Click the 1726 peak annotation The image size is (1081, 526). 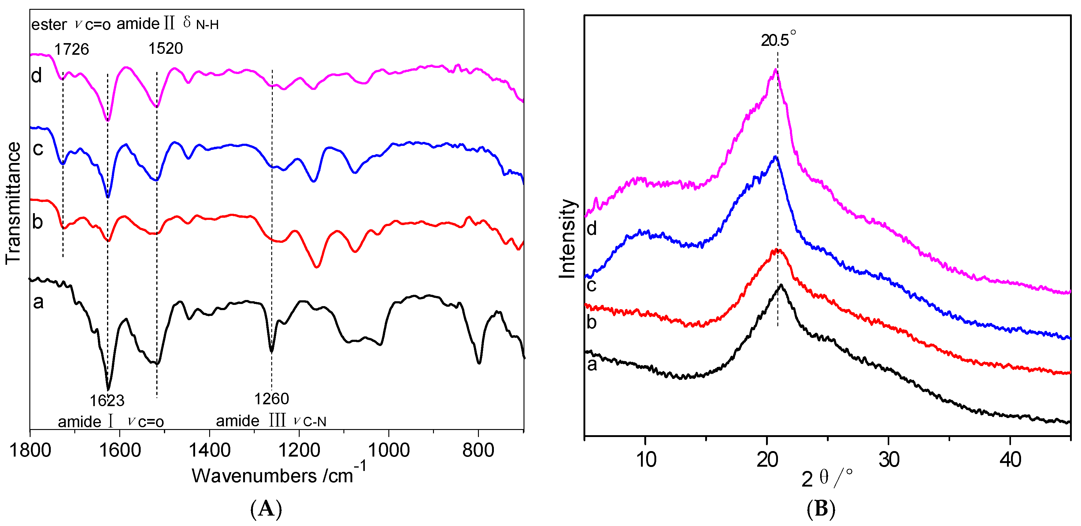pyautogui.click(x=71, y=50)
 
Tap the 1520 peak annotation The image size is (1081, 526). pyautogui.click(x=165, y=49)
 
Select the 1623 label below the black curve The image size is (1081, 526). pyautogui.click(x=107, y=401)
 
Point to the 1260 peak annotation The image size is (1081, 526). pyautogui.click(x=272, y=398)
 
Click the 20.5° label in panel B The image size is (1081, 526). pyautogui.click(x=778, y=40)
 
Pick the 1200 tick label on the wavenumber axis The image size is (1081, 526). pyautogui.click(x=299, y=450)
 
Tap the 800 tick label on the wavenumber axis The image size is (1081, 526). pyautogui.click(x=478, y=450)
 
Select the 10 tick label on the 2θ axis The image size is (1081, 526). pyautogui.click(x=646, y=460)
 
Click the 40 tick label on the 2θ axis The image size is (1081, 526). pyautogui.click(x=1010, y=460)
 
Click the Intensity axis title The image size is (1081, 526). pyautogui.click(x=567, y=239)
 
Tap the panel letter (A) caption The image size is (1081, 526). pyautogui.click(x=266, y=509)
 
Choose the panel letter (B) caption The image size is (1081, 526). pyautogui.click(x=821, y=509)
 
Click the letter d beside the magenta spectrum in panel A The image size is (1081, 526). pyautogui.click(x=36, y=76)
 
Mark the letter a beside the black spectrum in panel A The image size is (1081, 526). pyautogui.click(x=38, y=302)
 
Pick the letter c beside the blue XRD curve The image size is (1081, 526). pyautogui.click(x=591, y=285)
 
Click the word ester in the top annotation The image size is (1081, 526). pyautogui.click(x=49, y=25)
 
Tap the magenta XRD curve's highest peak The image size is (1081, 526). pyautogui.click(x=776, y=70)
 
